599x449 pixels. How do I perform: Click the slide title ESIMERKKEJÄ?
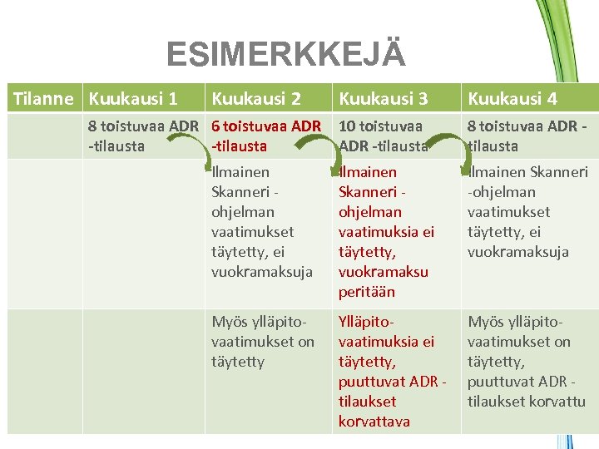(286, 55)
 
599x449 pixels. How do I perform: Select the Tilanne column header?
(43, 99)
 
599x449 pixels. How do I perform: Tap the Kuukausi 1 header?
(133, 99)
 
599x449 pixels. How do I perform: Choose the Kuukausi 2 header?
(256, 99)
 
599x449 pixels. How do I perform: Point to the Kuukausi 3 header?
(384, 99)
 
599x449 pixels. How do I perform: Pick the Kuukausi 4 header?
(512, 99)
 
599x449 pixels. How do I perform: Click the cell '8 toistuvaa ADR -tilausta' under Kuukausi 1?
(141, 136)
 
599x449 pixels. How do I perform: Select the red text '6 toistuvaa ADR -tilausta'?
(266, 136)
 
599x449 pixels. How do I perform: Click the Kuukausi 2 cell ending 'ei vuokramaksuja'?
(262, 222)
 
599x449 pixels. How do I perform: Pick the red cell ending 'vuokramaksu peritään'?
(386, 232)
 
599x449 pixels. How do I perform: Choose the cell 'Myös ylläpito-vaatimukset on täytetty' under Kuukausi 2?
(263, 342)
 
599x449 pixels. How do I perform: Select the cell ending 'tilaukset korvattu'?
(526, 362)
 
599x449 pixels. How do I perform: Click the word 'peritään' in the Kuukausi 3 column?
(367, 292)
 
